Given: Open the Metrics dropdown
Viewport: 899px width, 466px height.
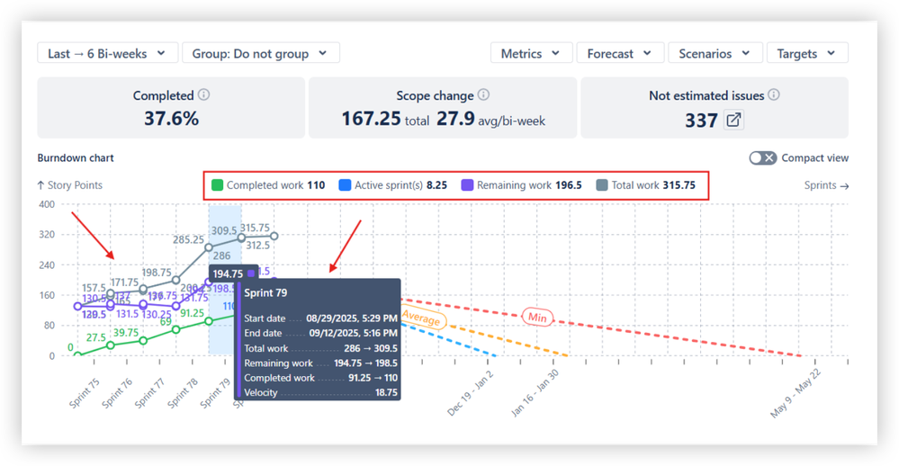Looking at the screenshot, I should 531,54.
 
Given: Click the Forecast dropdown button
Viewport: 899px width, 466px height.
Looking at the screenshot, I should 619,54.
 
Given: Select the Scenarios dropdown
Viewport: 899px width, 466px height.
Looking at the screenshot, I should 715,54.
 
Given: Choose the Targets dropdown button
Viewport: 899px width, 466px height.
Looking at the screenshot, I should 806,54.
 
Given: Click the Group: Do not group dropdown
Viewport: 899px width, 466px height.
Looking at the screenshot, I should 261,54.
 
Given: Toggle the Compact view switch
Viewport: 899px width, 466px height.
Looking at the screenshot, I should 763,158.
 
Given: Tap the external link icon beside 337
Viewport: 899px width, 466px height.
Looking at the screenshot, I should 734,120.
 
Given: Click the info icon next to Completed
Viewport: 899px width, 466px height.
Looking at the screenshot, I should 204,95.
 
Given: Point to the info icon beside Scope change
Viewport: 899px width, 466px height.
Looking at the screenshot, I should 484,95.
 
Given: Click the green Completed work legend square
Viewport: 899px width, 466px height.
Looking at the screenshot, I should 217,185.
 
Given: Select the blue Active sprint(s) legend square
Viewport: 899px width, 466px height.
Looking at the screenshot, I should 345,185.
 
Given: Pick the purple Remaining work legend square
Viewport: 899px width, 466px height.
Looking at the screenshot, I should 467,185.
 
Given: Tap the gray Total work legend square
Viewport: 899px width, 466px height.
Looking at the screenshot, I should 602,185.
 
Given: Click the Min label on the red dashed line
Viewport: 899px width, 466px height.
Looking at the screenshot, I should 537,316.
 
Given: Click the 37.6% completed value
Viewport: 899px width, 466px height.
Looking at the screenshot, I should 171,119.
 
